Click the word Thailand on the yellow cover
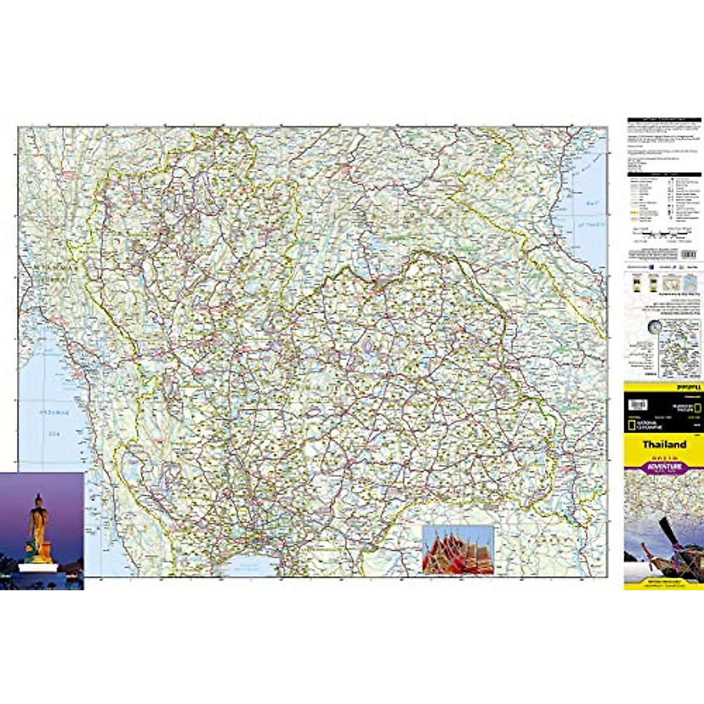click(664, 445)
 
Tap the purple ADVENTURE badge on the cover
click(664, 468)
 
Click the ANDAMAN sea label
click(54, 413)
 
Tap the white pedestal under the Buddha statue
click(38, 567)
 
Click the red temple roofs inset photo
click(458, 550)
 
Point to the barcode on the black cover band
click(638, 405)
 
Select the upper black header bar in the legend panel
click(664, 120)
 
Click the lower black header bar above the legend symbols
click(664, 174)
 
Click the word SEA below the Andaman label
click(54, 435)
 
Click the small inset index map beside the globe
click(681, 355)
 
